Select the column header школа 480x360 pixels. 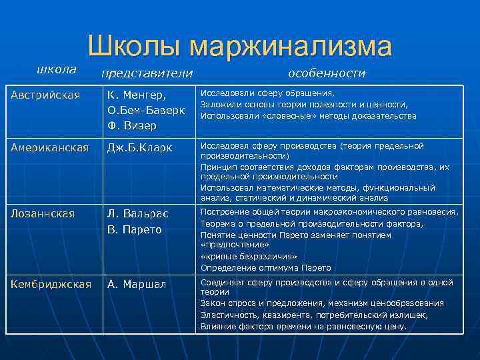56,69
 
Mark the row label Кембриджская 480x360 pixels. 51,284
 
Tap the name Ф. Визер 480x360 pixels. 132,125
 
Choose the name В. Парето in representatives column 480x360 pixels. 134,229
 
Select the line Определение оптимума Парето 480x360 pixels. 265,267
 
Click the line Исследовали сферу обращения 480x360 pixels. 268,93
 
